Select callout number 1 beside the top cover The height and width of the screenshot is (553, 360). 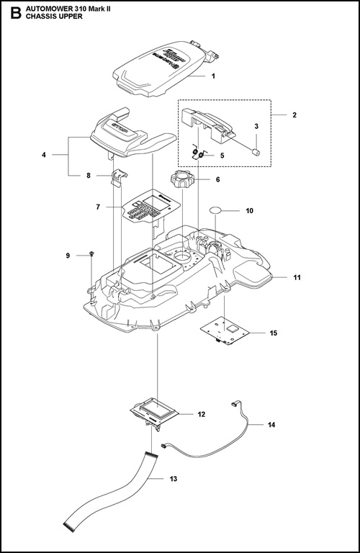213,76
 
